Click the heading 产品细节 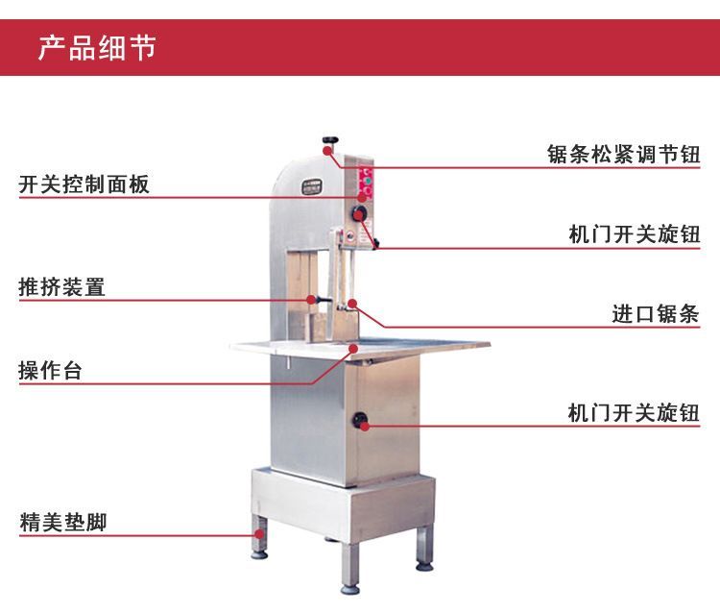point(97,48)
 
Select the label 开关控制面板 point(84,184)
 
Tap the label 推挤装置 point(62,287)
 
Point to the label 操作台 point(51,370)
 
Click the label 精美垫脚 point(63,522)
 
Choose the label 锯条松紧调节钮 point(624,154)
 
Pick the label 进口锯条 point(656,314)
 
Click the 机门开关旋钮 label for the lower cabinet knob point(635,412)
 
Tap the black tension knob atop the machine point(330,140)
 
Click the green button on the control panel point(367,181)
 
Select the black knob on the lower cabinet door point(360,419)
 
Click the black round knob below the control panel point(360,212)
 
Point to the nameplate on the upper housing point(312,186)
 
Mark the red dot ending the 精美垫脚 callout point(260,534)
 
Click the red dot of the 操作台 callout point(353,349)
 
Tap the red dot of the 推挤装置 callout point(311,300)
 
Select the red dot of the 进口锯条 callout point(352,304)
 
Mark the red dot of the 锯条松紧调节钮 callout point(327,150)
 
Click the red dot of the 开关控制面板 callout point(362,198)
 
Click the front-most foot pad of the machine point(349,589)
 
